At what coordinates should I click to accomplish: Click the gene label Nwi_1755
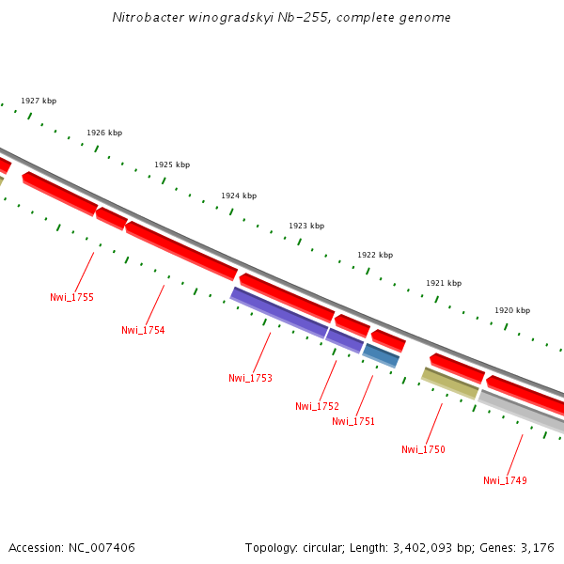click(71, 297)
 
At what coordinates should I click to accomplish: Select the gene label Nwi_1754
click(143, 330)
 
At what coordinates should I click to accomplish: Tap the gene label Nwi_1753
click(250, 378)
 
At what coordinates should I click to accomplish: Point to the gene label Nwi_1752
click(317, 406)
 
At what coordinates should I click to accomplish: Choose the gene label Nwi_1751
click(353, 421)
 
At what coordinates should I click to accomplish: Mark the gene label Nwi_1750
click(423, 449)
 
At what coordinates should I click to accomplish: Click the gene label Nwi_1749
click(505, 480)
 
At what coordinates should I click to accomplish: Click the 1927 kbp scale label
click(39, 101)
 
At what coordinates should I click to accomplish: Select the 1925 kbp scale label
click(172, 164)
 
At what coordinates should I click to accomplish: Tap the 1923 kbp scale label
click(306, 226)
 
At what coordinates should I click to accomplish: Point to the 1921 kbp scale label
click(444, 283)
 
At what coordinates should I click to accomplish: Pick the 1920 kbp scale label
click(512, 310)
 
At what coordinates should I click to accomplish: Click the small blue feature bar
click(382, 355)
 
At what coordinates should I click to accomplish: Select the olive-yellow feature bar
click(450, 383)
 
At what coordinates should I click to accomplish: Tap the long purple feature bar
click(279, 312)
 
